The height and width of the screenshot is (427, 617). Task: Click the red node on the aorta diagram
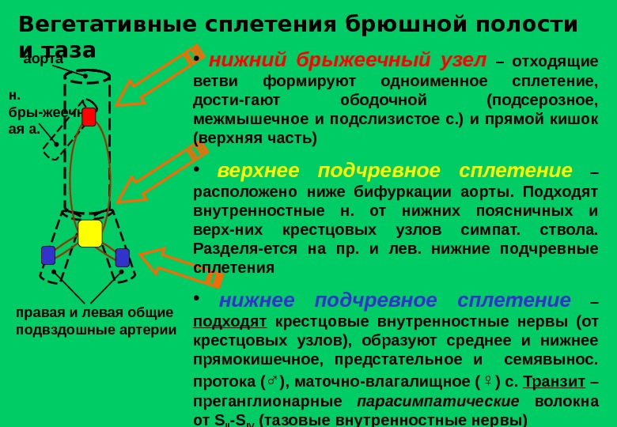pos(89,117)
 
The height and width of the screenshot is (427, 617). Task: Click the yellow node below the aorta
pos(90,233)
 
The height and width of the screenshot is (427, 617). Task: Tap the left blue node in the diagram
pos(48,255)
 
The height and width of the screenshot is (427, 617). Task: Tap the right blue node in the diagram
pos(123,258)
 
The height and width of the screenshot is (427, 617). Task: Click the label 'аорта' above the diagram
pos(43,59)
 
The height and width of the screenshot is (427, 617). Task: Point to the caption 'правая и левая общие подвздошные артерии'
pos(96,320)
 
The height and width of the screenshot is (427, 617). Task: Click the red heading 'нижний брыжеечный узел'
pos(346,61)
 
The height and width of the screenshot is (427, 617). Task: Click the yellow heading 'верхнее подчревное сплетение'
pos(394,171)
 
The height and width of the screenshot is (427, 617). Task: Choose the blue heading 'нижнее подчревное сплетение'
pos(394,300)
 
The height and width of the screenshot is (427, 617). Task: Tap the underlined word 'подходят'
pos(229,321)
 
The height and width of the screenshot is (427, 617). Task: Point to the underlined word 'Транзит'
pos(554,381)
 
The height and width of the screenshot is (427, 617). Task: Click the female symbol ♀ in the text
pos(487,382)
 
